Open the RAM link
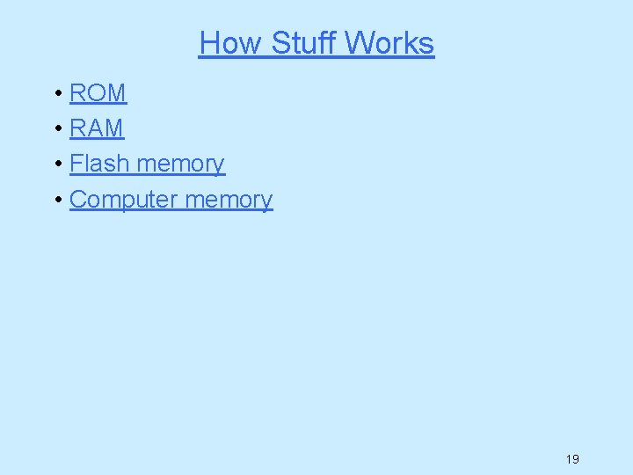97,128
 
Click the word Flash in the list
99,164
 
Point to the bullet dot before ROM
56,93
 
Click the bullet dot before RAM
56,129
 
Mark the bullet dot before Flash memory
56,164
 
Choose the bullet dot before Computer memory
56,201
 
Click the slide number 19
572,458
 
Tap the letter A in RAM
97,128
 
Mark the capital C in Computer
79,200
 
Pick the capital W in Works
364,43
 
